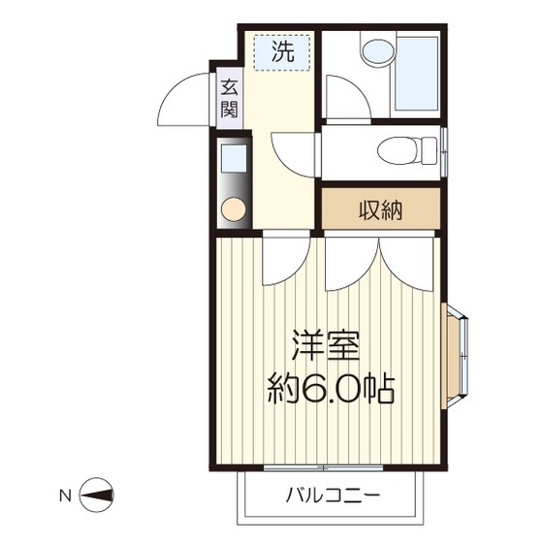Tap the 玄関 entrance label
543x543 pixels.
[229, 97]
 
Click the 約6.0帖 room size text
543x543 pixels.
[330, 390]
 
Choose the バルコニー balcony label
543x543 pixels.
[333, 496]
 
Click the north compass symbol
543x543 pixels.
[96, 496]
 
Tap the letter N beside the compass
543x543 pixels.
[65, 496]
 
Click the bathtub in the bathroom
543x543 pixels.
[415, 74]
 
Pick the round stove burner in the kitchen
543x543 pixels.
[233, 208]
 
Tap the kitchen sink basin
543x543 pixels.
[233, 157]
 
